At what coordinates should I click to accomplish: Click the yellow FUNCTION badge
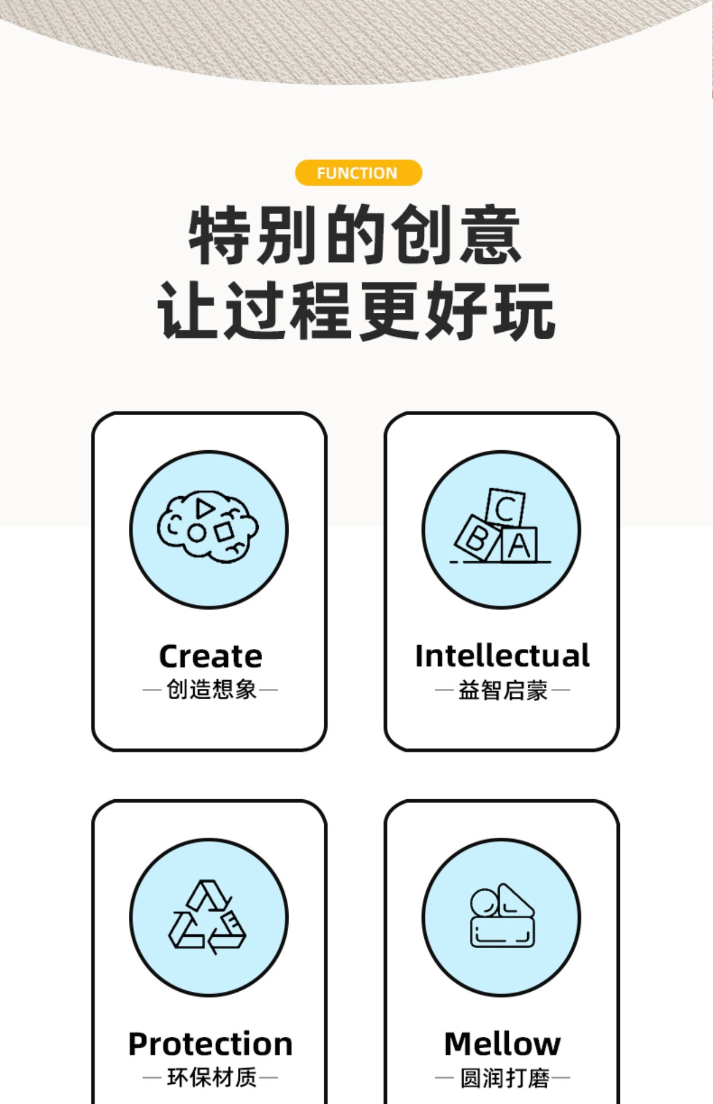[358, 172]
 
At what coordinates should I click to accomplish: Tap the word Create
[210, 656]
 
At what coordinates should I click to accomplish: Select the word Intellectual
[502, 655]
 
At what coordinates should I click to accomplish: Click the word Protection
[210, 1044]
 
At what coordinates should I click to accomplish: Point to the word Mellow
[502, 1044]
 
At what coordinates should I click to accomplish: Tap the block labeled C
[505, 508]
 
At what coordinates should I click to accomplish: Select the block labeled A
[519, 545]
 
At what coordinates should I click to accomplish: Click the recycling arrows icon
[208, 917]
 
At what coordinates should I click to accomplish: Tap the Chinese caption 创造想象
[210, 689]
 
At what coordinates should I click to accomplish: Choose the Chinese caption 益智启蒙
[502, 689]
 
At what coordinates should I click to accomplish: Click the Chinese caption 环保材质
[210, 1077]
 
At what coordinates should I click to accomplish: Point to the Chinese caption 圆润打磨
[504, 1078]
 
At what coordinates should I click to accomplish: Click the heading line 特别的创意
[355, 235]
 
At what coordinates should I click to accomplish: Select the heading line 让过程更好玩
[356, 310]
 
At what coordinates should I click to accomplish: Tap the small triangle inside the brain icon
[204, 508]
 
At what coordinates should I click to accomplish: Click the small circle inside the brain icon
[196, 533]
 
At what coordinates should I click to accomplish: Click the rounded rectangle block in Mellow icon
[503, 932]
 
